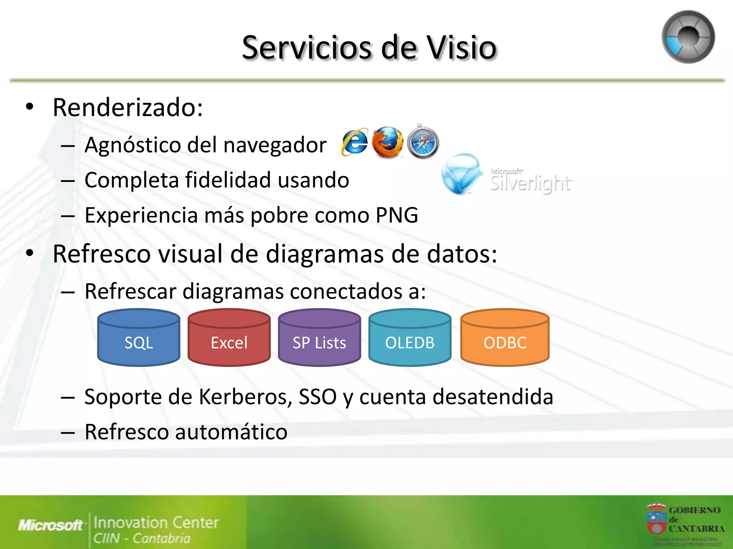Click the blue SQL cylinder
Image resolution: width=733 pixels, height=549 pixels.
(x=139, y=338)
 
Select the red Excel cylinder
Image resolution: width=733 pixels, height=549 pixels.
(x=229, y=338)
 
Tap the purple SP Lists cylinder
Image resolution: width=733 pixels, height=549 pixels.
(x=319, y=338)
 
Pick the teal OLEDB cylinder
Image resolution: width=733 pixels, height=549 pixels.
(x=410, y=338)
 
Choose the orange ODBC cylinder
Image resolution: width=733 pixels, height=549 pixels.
(x=505, y=338)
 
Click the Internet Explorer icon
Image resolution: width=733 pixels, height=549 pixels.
(x=354, y=142)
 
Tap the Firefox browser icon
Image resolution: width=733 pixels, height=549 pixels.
(x=387, y=142)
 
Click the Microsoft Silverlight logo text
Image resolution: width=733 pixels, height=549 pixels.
(x=531, y=181)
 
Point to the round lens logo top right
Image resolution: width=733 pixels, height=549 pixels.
(x=688, y=37)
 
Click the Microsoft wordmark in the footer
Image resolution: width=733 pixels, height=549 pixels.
(x=50, y=525)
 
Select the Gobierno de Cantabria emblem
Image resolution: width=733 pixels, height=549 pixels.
(x=656, y=519)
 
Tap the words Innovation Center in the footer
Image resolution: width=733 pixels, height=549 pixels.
(x=156, y=523)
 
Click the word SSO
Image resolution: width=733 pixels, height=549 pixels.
(x=317, y=397)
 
